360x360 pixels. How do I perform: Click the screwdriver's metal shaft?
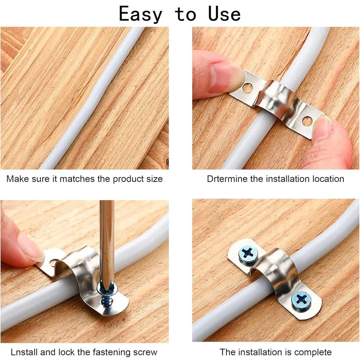coord(107,238)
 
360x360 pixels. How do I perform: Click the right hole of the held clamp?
coord(307,121)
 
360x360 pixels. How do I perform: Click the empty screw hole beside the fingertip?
coord(53,262)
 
